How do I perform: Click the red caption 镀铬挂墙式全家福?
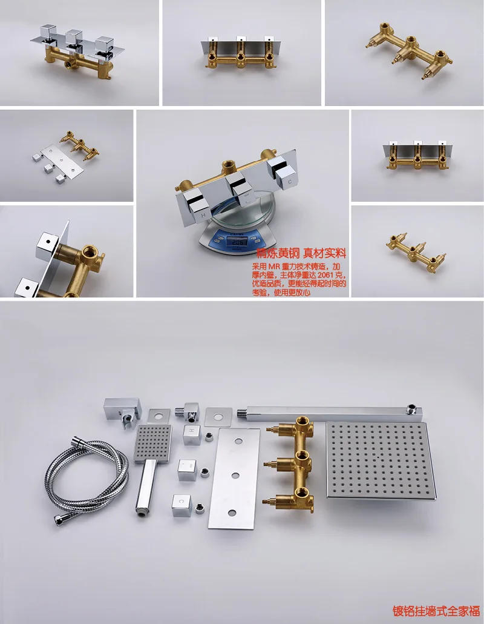pos(436,610)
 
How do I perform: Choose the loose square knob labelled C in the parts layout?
pos(181,504)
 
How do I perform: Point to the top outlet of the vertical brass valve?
pos(301,423)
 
